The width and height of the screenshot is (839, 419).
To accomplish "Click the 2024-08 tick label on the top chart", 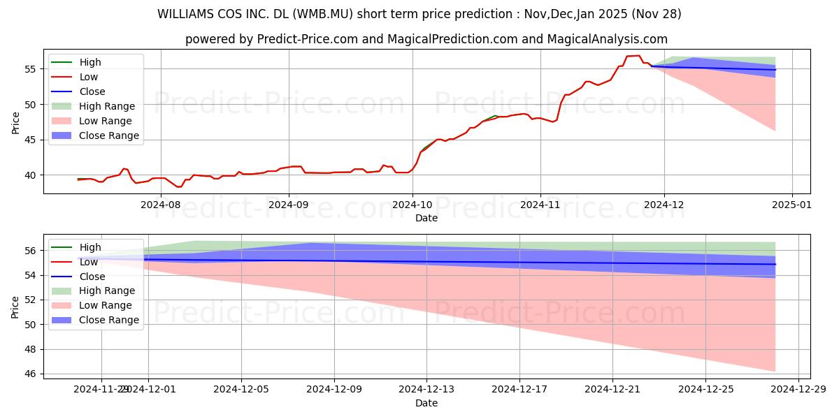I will [161, 205].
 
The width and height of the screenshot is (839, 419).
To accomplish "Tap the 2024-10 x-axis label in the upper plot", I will [412, 205].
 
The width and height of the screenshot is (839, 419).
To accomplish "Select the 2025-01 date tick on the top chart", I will [792, 205].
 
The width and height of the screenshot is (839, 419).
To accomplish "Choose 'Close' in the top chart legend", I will [92, 91].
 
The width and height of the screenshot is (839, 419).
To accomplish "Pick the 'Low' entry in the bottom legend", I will [89, 262].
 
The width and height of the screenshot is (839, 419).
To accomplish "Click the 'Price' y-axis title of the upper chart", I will [16, 122].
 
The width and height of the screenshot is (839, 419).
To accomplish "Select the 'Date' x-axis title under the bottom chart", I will [426, 403].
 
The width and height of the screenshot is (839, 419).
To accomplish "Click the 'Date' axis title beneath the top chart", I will [426, 218].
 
